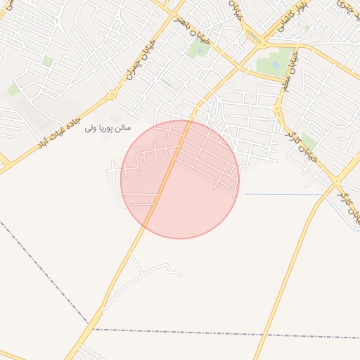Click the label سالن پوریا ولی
click(109, 129)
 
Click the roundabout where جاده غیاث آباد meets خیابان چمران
click(111, 95)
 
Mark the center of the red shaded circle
click(180, 179)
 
